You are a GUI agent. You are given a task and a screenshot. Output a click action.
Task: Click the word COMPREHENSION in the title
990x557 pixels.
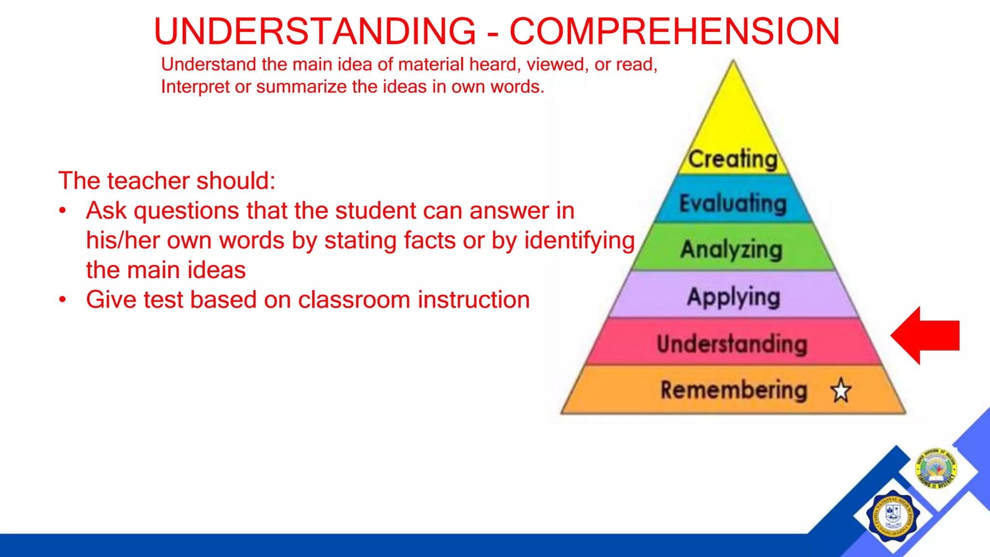[x=675, y=31]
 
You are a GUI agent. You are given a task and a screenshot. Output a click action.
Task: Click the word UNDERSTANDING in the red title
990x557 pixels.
[x=315, y=31]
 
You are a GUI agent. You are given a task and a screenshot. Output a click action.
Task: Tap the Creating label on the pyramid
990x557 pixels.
[x=733, y=159]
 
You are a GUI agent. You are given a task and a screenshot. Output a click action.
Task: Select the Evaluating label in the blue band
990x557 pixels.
[x=733, y=203]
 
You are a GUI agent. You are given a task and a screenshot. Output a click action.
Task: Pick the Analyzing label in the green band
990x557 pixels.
[x=731, y=250]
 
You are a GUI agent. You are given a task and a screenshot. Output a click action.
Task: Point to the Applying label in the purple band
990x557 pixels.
[x=733, y=297]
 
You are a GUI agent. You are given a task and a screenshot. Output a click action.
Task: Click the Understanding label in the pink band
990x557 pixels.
[x=732, y=344]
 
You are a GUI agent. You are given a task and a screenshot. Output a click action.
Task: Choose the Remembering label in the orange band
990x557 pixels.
[x=734, y=390]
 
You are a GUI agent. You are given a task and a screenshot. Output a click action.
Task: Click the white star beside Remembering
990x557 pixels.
[x=841, y=390]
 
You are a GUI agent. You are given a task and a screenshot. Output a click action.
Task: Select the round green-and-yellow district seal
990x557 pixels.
[x=936, y=468]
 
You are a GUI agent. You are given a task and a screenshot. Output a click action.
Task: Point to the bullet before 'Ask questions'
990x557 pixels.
[x=62, y=211]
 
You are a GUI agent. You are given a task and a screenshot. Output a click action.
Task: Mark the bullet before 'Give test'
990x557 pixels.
[x=62, y=300]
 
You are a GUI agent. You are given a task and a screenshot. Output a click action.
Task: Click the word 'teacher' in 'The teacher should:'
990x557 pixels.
[x=148, y=181]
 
